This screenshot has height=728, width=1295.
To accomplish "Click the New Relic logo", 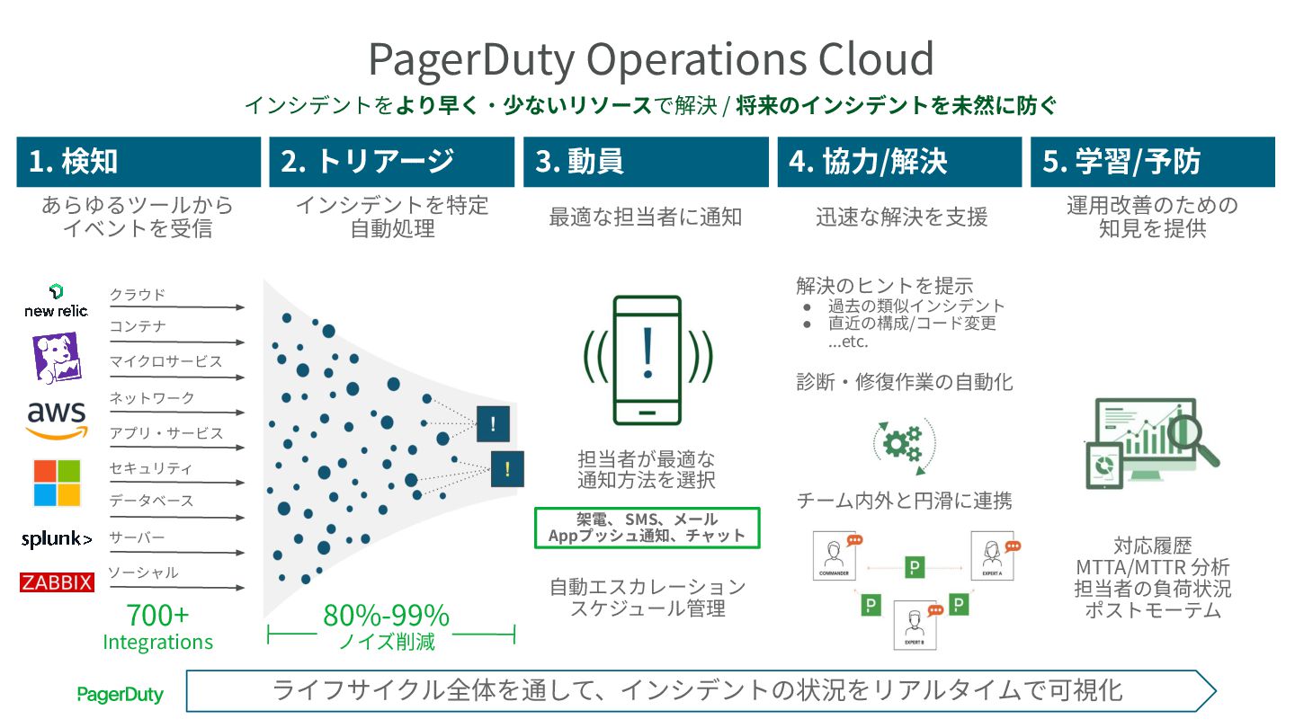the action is [56, 301].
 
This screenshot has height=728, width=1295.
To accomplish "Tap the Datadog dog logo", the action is [56, 357].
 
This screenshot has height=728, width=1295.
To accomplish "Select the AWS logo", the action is [57, 419].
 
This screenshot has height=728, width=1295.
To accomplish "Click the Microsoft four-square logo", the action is [57, 483].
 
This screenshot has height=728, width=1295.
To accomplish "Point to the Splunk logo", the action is [57, 539].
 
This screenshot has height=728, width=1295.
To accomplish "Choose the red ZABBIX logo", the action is [57, 583].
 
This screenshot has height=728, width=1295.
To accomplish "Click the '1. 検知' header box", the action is [138, 162].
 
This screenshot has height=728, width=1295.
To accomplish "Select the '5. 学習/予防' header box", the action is [1153, 162].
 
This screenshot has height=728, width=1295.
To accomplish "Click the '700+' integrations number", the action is [157, 616].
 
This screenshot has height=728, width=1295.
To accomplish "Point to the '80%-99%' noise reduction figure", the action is [386, 616].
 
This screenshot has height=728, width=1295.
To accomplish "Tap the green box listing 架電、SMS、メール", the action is [647, 528].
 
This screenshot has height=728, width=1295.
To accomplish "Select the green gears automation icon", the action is [903, 442].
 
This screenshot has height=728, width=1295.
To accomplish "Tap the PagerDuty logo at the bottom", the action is [120, 694].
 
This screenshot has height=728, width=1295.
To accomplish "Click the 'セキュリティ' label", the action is [151, 468].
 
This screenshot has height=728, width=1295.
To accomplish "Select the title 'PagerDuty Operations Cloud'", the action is [651, 59].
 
